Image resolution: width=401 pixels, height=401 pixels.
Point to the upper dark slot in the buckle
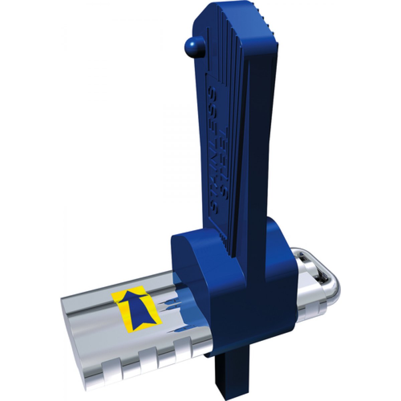303,258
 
